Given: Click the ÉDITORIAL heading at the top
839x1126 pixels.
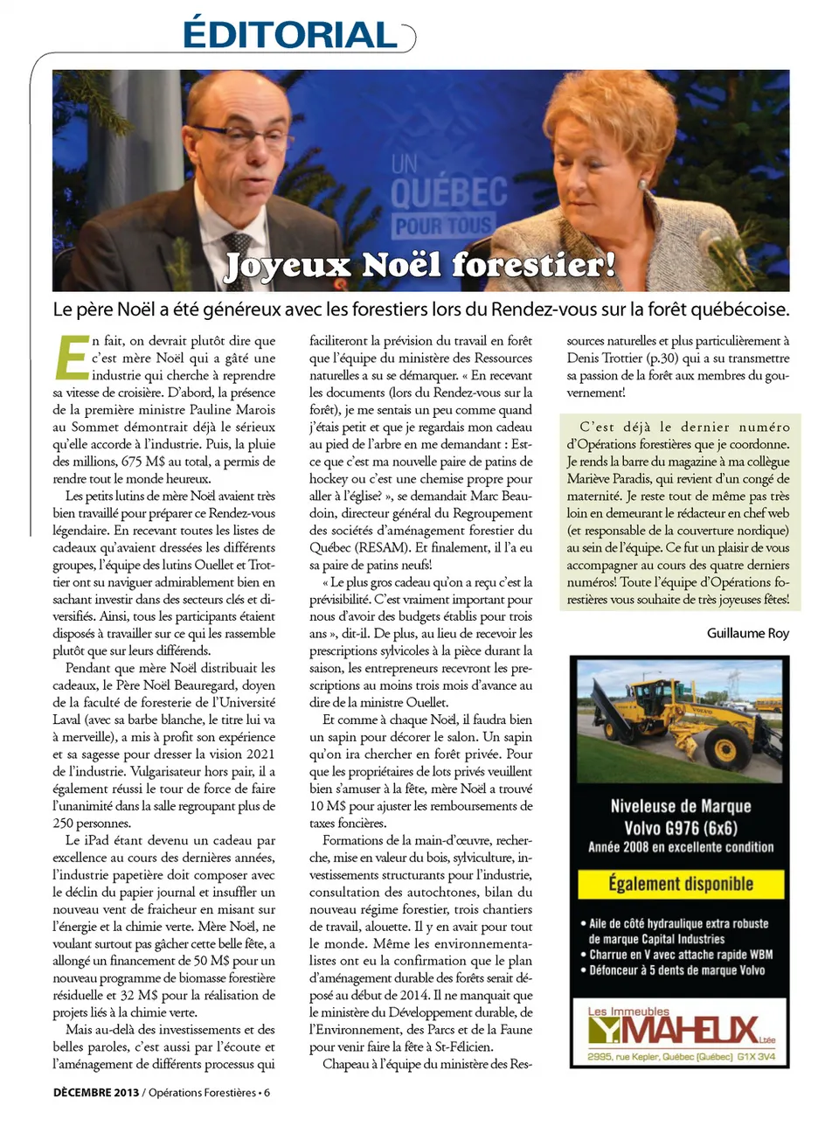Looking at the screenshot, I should [290, 35].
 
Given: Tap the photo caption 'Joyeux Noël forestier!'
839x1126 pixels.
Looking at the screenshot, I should [419, 265].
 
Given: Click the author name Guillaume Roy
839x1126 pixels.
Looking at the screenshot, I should [747, 633].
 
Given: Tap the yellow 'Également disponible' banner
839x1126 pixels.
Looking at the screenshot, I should [680, 884].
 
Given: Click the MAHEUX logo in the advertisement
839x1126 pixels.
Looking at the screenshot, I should [690, 1030].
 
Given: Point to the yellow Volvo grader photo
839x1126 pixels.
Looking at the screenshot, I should [680, 720].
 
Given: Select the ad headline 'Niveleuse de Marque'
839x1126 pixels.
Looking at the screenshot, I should [680, 806].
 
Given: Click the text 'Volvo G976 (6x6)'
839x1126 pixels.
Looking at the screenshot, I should [680, 828].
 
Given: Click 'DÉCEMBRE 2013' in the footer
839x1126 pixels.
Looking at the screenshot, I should [96, 1093].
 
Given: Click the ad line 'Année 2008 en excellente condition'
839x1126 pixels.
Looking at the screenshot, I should [680, 847].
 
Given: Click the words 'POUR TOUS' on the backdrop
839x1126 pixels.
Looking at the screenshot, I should [443, 226].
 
